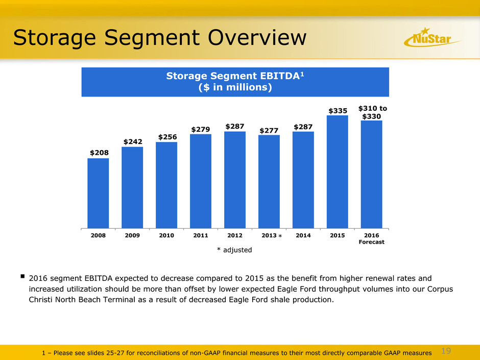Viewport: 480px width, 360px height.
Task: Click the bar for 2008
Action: click(98, 193)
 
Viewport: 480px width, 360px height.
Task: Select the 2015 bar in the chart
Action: click(337, 171)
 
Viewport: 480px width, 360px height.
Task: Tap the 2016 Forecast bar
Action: click(371, 174)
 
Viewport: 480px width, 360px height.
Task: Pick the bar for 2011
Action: click(201, 181)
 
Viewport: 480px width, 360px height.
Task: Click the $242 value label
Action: click(132, 141)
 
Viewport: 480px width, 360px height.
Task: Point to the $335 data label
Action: click(337, 110)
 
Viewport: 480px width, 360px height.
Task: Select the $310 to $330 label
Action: click(372, 112)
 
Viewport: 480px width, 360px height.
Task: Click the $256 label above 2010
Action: click(166, 136)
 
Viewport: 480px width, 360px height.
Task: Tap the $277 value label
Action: click(269, 130)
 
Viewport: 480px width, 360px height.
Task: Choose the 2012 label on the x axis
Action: click(234, 235)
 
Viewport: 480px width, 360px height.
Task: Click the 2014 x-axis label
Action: click(303, 235)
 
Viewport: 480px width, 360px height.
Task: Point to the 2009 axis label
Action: click(132, 235)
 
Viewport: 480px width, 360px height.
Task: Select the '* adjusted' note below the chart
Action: click(234, 250)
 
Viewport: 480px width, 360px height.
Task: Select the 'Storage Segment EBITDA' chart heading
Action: click(235, 77)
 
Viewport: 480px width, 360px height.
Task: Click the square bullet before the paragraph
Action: click(23, 278)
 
